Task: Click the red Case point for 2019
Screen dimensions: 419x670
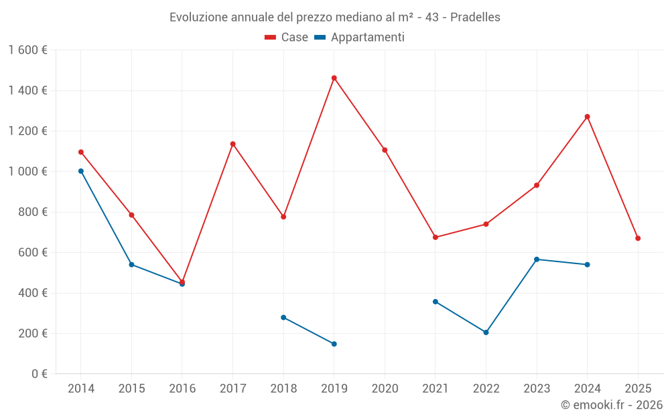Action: coord(334,78)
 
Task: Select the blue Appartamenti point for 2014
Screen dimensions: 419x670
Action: coord(81,171)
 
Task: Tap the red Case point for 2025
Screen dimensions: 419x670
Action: coord(638,238)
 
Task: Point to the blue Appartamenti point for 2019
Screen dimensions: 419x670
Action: coord(334,344)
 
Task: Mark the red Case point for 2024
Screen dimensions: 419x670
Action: coord(587,117)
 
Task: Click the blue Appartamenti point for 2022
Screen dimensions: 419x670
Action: coord(486,333)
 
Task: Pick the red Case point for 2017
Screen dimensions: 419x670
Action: coord(232,144)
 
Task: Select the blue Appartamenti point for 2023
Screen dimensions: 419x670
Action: coord(537,259)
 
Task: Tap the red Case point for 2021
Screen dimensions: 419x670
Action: coord(435,237)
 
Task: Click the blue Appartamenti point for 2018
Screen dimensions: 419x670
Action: coord(283,317)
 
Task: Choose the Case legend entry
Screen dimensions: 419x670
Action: coord(287,38)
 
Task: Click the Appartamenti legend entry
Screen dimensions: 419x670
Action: coord(360,38)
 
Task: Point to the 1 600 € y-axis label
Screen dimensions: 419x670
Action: coord(27,50)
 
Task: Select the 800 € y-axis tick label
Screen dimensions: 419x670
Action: coord(32,212)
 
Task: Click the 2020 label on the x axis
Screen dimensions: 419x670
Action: coord(385,389)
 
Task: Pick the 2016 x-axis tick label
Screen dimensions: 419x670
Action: coord(182,389)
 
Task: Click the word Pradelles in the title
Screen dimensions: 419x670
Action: coord(475,17)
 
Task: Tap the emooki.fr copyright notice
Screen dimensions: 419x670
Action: coord(612,405)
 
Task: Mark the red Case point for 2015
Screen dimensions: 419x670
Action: coord(131,215)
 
